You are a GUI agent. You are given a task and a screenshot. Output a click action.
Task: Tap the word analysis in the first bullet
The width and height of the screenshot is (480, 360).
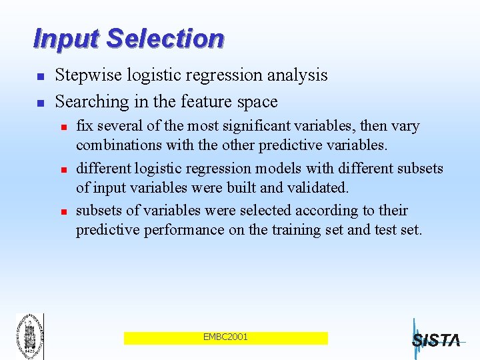297,75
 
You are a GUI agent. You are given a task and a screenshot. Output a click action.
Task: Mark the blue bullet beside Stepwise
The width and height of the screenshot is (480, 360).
40,77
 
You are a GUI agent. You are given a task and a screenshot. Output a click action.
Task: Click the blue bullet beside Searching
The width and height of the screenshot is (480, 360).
40,103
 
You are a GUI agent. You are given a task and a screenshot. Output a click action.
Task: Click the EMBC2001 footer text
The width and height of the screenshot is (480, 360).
225,337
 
